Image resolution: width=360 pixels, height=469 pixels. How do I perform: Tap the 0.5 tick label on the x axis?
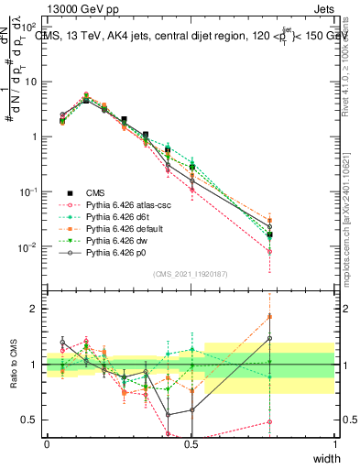tap(191, 443)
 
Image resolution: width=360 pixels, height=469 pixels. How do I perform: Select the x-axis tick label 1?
tap(334, 443)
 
